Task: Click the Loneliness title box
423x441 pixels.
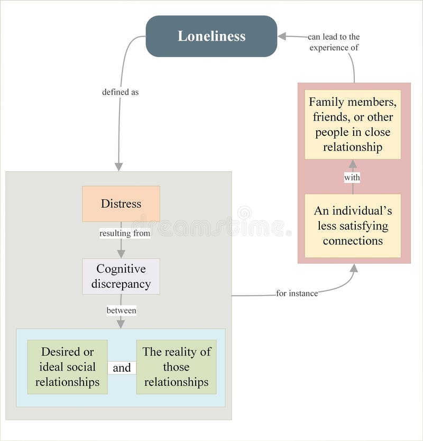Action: click(212, 36)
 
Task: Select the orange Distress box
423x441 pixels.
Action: click(121, 204)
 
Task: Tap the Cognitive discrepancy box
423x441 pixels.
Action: click(121, 277)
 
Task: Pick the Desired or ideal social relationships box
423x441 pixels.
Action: click(67, 367)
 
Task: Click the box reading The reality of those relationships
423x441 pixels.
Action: click(176, 367)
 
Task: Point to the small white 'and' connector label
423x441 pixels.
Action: click(122, 368)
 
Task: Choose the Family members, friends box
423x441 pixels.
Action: click(353, 124)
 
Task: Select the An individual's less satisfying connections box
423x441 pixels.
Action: click(353, 226)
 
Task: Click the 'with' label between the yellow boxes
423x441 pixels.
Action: click(352, 178)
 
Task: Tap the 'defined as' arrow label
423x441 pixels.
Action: click(121, 92)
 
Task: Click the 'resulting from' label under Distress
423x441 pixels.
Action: click(125, 233)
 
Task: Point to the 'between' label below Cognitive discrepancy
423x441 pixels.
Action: click(121, 310)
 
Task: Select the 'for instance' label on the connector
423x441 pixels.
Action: click(297, 293)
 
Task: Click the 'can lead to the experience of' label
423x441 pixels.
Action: click(334, 42)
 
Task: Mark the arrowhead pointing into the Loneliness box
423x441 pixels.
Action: click(282, 36)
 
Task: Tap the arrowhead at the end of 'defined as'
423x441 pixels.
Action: click(118, 167)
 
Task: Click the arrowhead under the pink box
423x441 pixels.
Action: click(354, 268)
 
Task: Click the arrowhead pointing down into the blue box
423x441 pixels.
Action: click(121, 324)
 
